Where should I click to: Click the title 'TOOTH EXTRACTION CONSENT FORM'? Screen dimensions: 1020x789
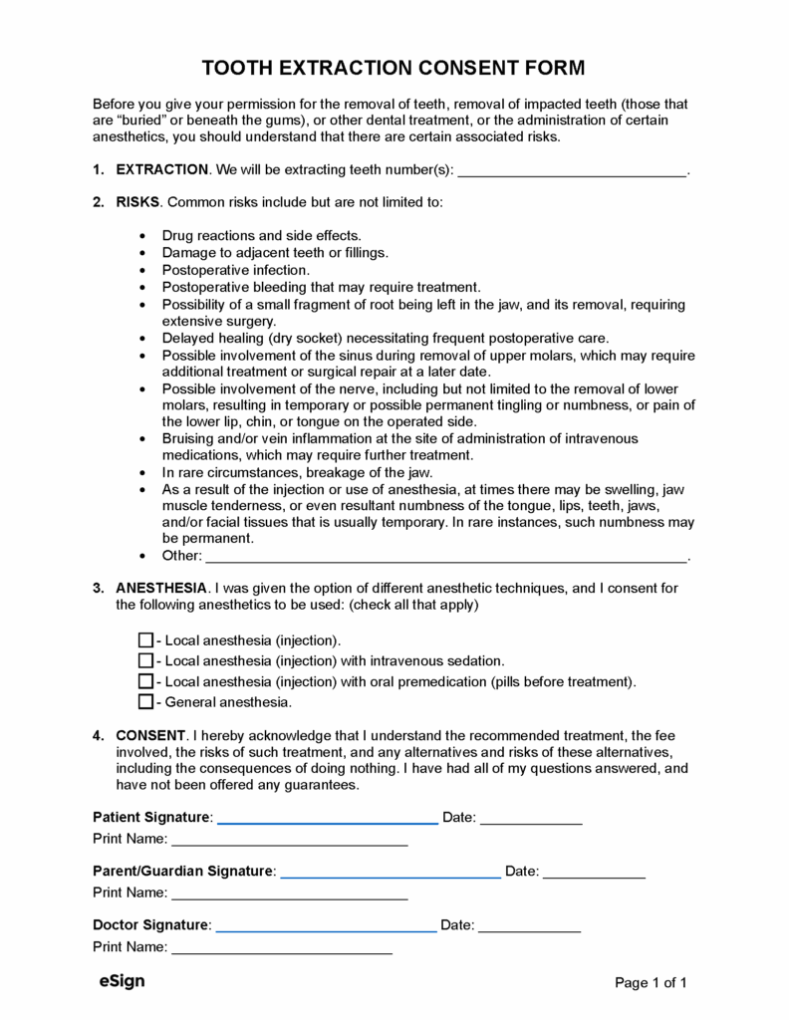point(394,68)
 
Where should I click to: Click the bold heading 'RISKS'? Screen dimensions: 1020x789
point(137,202)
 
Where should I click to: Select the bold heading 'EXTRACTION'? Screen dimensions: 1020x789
point(162,170)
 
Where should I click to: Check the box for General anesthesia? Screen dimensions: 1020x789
point(145,702)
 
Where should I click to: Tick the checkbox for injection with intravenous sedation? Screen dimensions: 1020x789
point(145,660)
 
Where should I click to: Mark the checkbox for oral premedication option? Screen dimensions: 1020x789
point(145,681)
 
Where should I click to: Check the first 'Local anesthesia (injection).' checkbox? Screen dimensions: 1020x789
point(145,639)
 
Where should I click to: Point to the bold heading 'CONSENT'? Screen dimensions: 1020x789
point(150,735)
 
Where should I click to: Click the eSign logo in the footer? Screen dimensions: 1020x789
point(122,981)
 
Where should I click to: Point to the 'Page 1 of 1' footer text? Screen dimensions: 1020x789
point(651,983)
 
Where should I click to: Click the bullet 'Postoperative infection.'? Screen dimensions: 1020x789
point(236,270)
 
